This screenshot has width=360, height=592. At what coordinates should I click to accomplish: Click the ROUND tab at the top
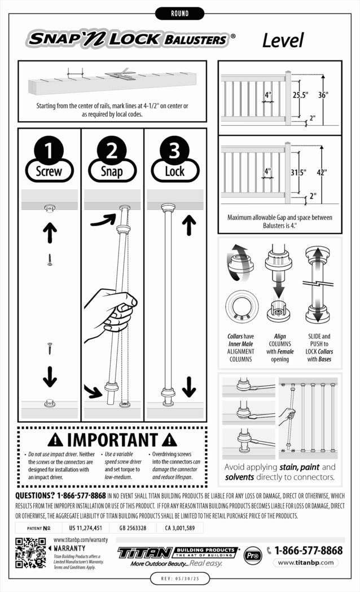tap(179, 13)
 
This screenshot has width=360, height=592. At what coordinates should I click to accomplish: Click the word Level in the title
tap(283, 40)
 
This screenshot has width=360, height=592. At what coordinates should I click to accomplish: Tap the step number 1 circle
tap(50, 151)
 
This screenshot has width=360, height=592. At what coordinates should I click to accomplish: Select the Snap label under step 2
tap(112, 171)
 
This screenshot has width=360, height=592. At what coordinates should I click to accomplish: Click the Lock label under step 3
tap(175, 171)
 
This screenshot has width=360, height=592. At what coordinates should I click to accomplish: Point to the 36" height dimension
tap(322, 95)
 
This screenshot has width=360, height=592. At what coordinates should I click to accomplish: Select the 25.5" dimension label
tap(300, 95)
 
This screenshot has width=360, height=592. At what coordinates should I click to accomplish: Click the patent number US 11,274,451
tap(85, 528)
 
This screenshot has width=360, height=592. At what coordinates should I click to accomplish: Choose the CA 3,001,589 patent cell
tap(180, 528)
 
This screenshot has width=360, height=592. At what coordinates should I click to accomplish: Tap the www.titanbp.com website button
tap(307, 563)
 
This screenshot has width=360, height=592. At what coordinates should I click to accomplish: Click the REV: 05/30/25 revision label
tap(179, 579)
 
